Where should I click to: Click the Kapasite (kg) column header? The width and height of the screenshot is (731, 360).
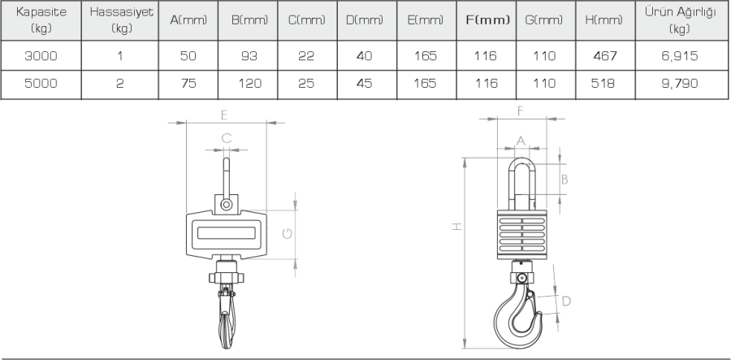pos(41,20)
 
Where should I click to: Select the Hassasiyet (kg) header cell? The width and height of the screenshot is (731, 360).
pos(121,20)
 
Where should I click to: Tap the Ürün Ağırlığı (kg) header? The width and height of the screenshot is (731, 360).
pos(680,20)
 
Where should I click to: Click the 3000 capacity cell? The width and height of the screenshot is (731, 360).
pos(41,56)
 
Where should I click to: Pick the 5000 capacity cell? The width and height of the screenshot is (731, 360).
pos(41,84)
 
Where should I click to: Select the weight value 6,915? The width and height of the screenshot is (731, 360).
pos(680,56)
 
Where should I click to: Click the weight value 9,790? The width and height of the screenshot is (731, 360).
pos(680,84)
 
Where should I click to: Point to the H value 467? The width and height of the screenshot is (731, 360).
pos(605,56)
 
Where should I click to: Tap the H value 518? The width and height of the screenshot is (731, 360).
pos(603,84)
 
